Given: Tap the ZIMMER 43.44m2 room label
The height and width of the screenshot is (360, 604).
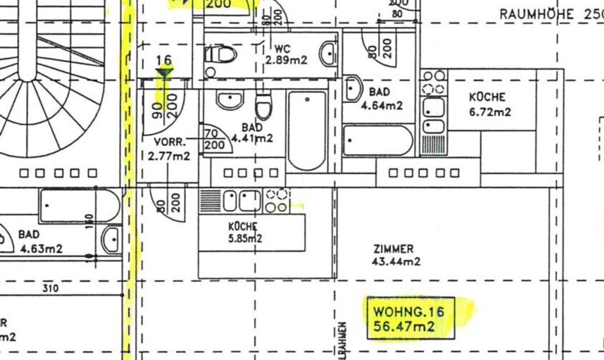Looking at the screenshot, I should click(x=397, y=255).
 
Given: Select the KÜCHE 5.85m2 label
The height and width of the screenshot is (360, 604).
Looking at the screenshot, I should click(x=245, y=232).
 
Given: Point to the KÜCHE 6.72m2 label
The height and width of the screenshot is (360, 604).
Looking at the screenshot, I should click(x=490, y=105).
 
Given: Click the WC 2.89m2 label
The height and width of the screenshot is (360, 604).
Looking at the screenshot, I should click(x=286, y=55).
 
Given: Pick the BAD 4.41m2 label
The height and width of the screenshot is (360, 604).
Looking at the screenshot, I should click(x=252, y=133).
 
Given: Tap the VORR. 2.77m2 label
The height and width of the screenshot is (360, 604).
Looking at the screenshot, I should click(x=172, y=149).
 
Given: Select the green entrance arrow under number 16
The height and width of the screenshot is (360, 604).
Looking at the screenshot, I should click(x=165, y=73).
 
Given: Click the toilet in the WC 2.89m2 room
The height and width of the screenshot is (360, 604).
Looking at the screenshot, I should click(x=221, y=55).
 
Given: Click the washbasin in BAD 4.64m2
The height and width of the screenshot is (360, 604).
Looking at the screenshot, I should click(x=354, y=88).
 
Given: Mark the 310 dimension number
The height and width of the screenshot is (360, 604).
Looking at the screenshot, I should click(x=51, y=288).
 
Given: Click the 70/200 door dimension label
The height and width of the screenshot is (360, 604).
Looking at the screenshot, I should click(x=215, y=139).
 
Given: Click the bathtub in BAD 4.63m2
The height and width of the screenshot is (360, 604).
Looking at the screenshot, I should click(x=80, y=206).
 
